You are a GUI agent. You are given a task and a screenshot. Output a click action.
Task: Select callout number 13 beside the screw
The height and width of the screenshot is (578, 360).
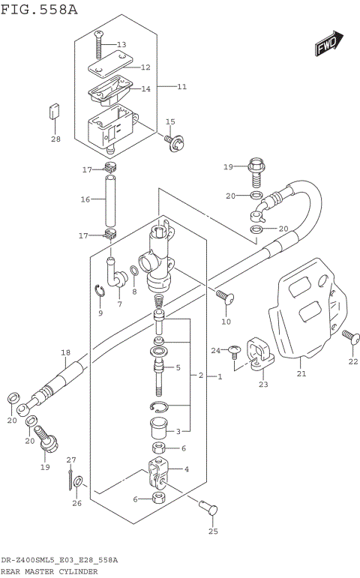click(121, 45)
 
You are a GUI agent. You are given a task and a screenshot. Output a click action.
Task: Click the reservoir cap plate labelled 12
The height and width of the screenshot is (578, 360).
click(109, 68)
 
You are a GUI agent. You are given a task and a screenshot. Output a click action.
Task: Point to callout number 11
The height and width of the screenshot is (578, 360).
click(181, 87)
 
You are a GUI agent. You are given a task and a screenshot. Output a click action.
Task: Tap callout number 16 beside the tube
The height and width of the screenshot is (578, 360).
click(85, 199)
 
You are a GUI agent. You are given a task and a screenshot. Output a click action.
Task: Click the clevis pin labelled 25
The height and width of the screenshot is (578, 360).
click(211, 510)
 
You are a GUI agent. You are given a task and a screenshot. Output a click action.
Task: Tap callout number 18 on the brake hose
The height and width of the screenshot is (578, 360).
click(65, 352)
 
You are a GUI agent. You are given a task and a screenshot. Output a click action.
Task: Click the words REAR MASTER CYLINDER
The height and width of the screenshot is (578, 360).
click(49, 571)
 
